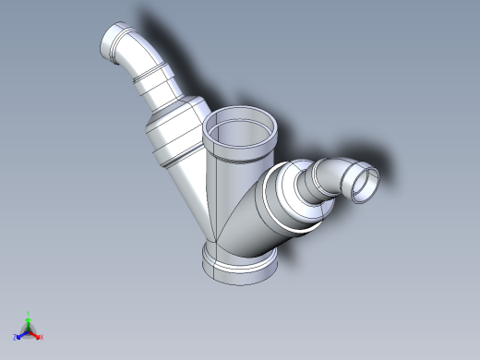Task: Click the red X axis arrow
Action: click(x=36, y=333)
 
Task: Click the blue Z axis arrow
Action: click(x=21, y=333)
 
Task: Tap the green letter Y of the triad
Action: click(x=29, y=313)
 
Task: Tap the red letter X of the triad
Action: click(x=42, y=337)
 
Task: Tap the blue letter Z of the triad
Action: click(x=16, y=337)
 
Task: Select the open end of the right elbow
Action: click(x=365, y=182)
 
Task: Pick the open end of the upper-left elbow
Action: click(x=116, y=42)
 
